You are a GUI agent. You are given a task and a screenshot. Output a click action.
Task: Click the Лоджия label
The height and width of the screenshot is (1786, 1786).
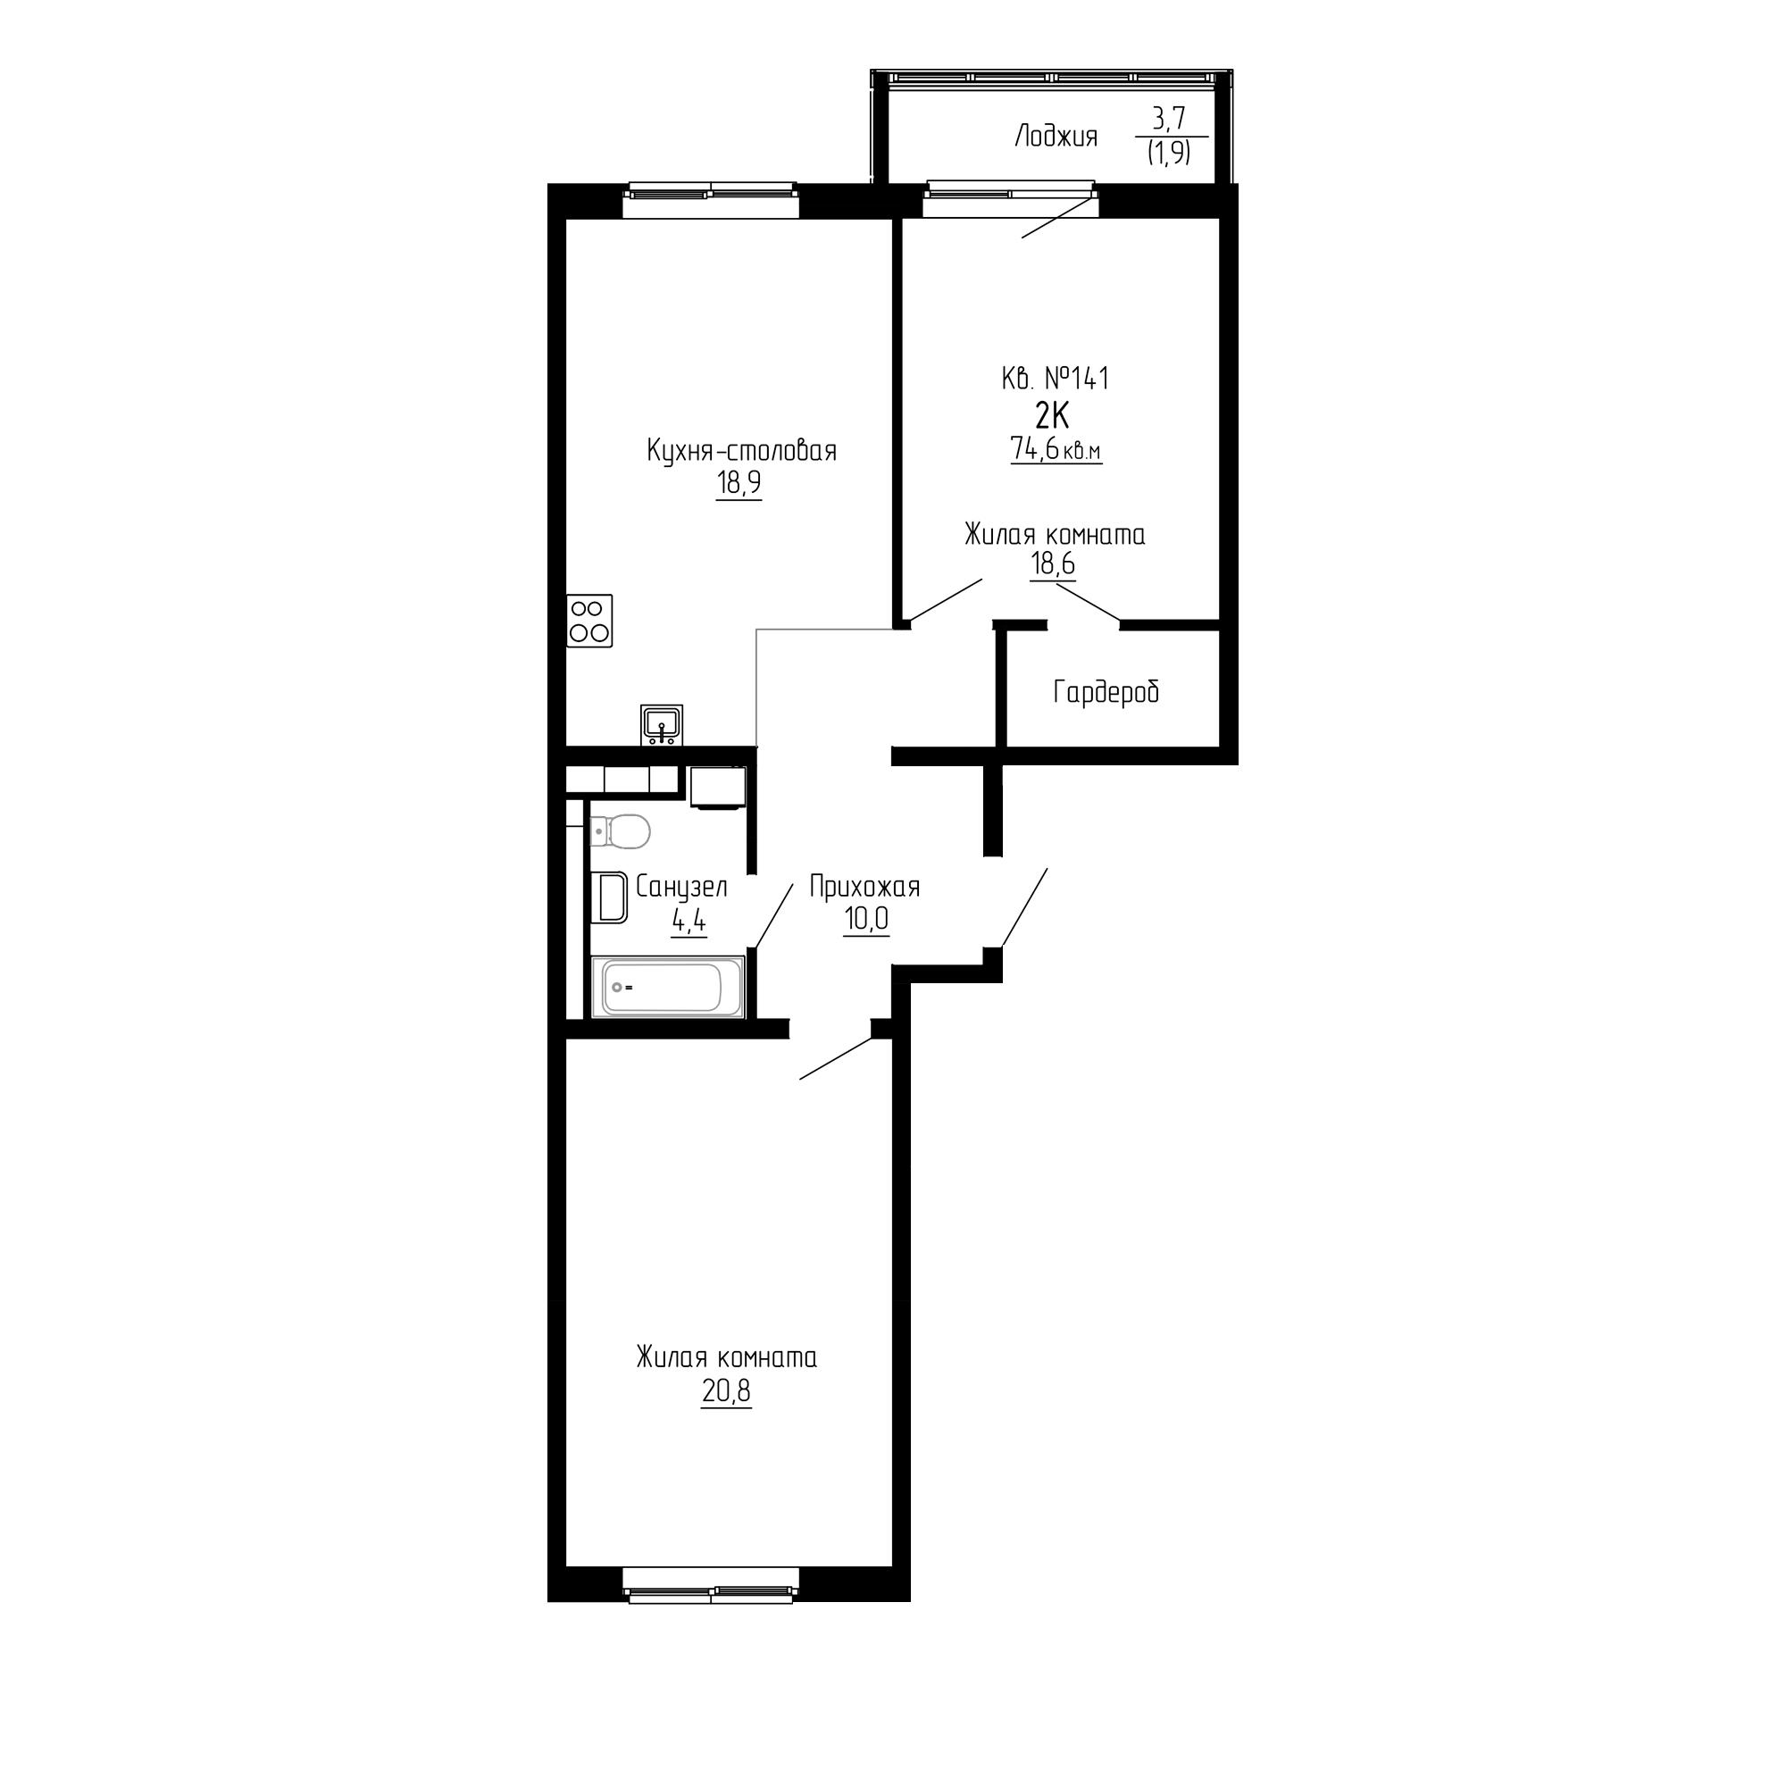[1056, 138]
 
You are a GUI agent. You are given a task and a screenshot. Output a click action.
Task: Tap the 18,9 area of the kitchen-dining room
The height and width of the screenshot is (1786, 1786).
[739, 482]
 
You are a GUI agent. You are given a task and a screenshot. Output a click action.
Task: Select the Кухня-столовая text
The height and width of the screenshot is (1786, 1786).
[741, 451]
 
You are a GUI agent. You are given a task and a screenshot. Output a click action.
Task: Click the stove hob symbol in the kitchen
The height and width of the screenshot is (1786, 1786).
[589, 621]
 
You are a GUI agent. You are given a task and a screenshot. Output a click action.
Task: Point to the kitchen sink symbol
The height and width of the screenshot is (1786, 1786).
[661, 724]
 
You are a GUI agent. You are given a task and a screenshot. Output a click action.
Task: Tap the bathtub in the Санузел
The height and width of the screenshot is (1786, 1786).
[667, 988]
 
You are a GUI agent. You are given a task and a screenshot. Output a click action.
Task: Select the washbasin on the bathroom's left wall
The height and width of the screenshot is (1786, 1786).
[609, 897]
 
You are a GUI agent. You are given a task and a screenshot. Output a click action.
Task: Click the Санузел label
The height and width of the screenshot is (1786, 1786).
[681, 888]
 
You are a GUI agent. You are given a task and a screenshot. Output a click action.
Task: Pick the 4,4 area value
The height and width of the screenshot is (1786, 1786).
[689, 921]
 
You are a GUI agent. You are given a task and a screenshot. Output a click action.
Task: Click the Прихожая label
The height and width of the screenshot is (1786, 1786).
[864, 888]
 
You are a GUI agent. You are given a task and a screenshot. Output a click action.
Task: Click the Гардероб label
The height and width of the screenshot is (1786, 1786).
[1106, 691]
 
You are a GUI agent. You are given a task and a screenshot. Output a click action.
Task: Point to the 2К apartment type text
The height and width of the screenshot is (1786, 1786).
[1052, 417]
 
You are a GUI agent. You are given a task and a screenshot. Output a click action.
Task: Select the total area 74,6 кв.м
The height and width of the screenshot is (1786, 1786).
[1056, 450]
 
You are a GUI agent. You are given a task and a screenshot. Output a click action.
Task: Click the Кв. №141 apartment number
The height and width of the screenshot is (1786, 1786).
[1055, 378]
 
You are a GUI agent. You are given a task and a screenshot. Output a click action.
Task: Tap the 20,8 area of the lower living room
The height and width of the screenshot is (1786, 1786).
[726, 1390]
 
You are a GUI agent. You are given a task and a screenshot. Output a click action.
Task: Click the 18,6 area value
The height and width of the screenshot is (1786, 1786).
[1053, 563]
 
